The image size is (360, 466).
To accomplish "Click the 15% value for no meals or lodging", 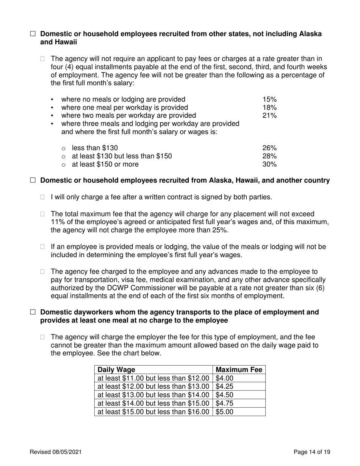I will click(x=269, y=99).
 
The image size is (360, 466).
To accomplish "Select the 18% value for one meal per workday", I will click(x=269, y=107).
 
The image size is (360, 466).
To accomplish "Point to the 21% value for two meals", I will click(x=269, y=115).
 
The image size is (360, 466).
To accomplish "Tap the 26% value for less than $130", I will click(x=269, y=148).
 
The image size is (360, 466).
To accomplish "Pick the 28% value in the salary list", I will click(x=269, y=156).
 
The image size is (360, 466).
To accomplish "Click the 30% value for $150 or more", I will click(x=269, y=164).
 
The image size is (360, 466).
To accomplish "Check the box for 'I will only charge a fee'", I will click(x=42, y=197).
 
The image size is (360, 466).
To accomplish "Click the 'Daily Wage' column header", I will click(x=116, y=370).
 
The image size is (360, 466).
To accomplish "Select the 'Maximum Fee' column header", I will click(x=239, y=370).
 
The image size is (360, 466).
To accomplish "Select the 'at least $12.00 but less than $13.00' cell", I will click(x=153, y=386).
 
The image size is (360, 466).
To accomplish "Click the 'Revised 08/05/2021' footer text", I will click(x=56, y=452).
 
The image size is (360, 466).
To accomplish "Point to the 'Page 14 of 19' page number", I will click(x=312, y=452).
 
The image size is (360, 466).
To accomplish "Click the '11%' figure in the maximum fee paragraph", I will click(x=58, y=222).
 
